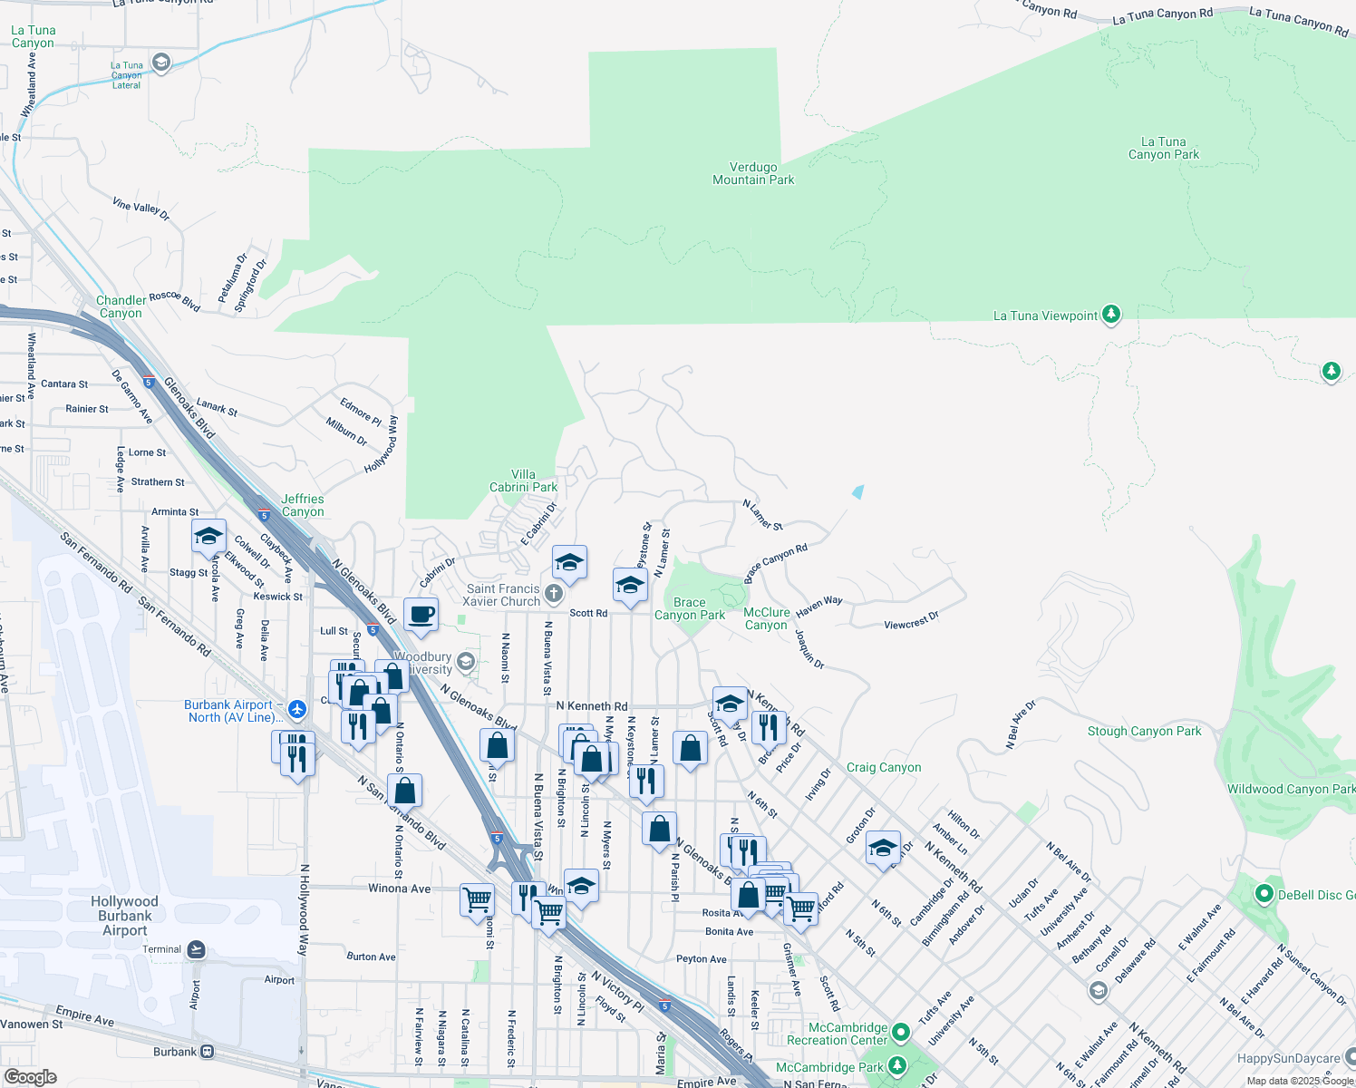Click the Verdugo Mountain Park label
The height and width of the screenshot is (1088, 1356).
(x=753, y=174)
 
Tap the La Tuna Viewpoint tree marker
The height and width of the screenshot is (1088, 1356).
(x=1111, y=315)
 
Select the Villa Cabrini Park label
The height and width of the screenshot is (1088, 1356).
(x=523, y=481)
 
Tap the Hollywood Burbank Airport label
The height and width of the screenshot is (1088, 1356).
(x=124, y=916)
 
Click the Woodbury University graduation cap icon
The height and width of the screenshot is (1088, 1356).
(x=466, y=662)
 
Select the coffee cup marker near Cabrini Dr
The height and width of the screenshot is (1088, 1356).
(x=421, y=615)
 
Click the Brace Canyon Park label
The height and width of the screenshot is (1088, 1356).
(x=690, y=608)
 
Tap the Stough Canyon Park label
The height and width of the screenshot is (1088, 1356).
(x=1144, y=731)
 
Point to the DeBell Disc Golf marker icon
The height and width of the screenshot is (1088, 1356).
(x=1264, y=894)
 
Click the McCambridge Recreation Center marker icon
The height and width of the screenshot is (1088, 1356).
(x=900, y=1032)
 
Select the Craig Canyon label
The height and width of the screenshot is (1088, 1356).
(x=884, y=767)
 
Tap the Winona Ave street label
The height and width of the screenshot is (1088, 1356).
(x=399, y=889)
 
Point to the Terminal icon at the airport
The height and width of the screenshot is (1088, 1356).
(x=196, y=949)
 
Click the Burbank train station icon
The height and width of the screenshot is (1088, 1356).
(x=208, y=1052)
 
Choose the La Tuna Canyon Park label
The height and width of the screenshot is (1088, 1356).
(x=1163, y=148)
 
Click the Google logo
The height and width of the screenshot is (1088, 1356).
(x=31, y=1077)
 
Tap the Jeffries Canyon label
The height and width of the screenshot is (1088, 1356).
(x=303, y=505)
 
